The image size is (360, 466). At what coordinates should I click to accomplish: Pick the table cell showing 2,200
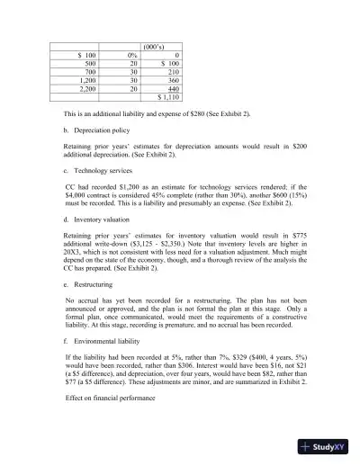[x=88, y=88]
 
